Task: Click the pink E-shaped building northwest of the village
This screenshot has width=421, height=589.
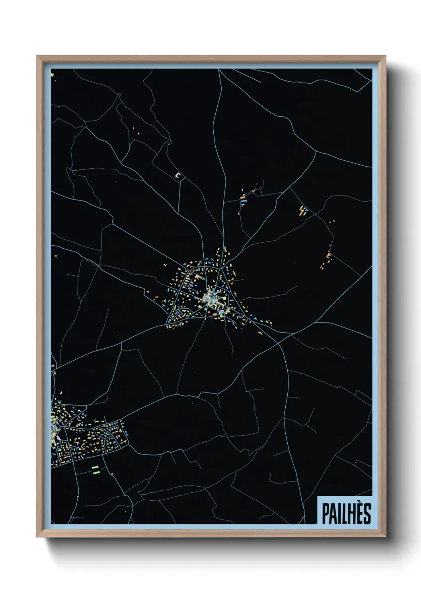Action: [x=177, y=175]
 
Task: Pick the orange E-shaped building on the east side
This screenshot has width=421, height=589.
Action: [x=329, y=255]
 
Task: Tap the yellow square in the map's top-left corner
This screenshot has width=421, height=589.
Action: [x=52, y=74]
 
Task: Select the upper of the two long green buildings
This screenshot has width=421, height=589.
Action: [x=95, y=467]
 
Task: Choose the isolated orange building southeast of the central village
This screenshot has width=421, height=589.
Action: [x=260, y=333]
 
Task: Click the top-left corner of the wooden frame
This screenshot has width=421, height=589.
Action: [x=37, y=57]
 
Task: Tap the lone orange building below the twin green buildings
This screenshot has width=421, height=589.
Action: [x=112, y=474]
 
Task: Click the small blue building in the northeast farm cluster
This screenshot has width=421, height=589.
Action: [x=305, y=213]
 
